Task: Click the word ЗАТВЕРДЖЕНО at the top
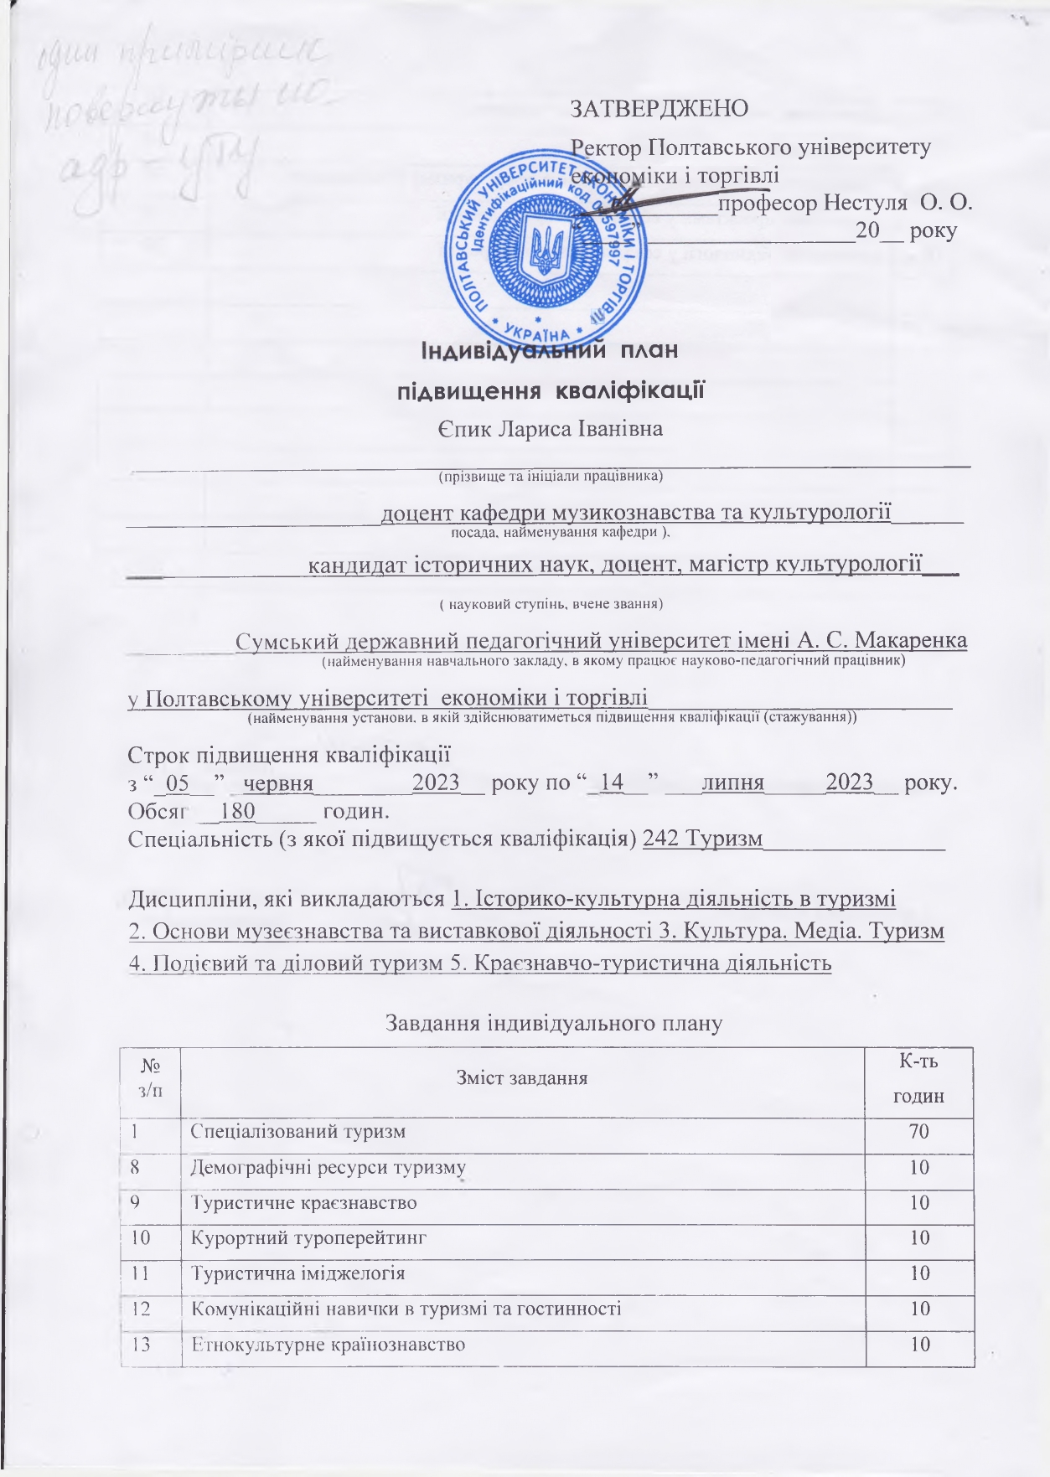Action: (659, 108)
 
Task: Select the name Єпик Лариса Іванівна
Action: (550, 430)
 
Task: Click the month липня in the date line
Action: (733, 782)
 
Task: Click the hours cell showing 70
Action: (919, 1132)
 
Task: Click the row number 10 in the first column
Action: (142, 1237)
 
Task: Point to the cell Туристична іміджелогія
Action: (298, 1273)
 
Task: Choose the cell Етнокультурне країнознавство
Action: (328, 1345)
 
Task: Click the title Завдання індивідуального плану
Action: (553, 1023)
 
